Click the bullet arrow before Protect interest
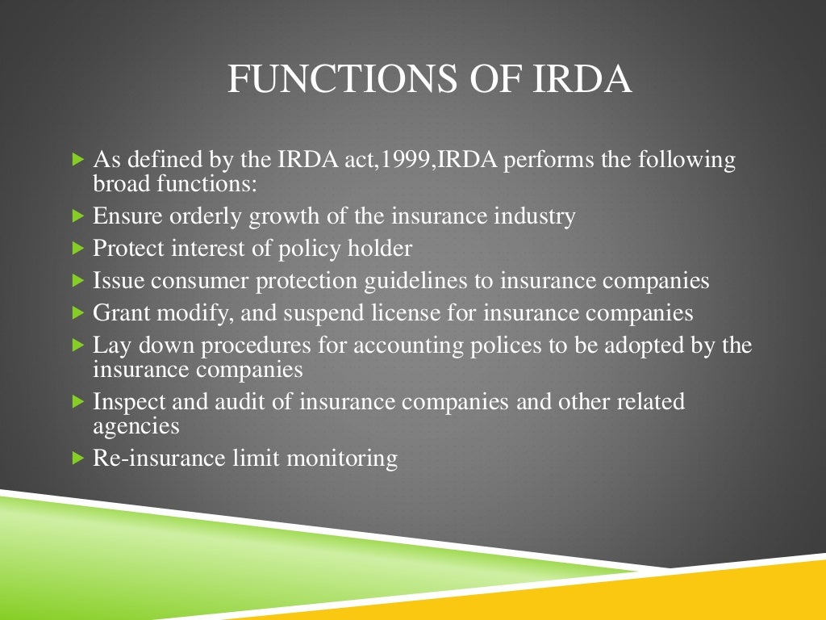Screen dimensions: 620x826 point(77,249)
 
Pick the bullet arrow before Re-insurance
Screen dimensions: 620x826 point(77,459)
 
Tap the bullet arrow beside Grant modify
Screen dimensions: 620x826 point(77,312)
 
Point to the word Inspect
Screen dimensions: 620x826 point(125,401)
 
